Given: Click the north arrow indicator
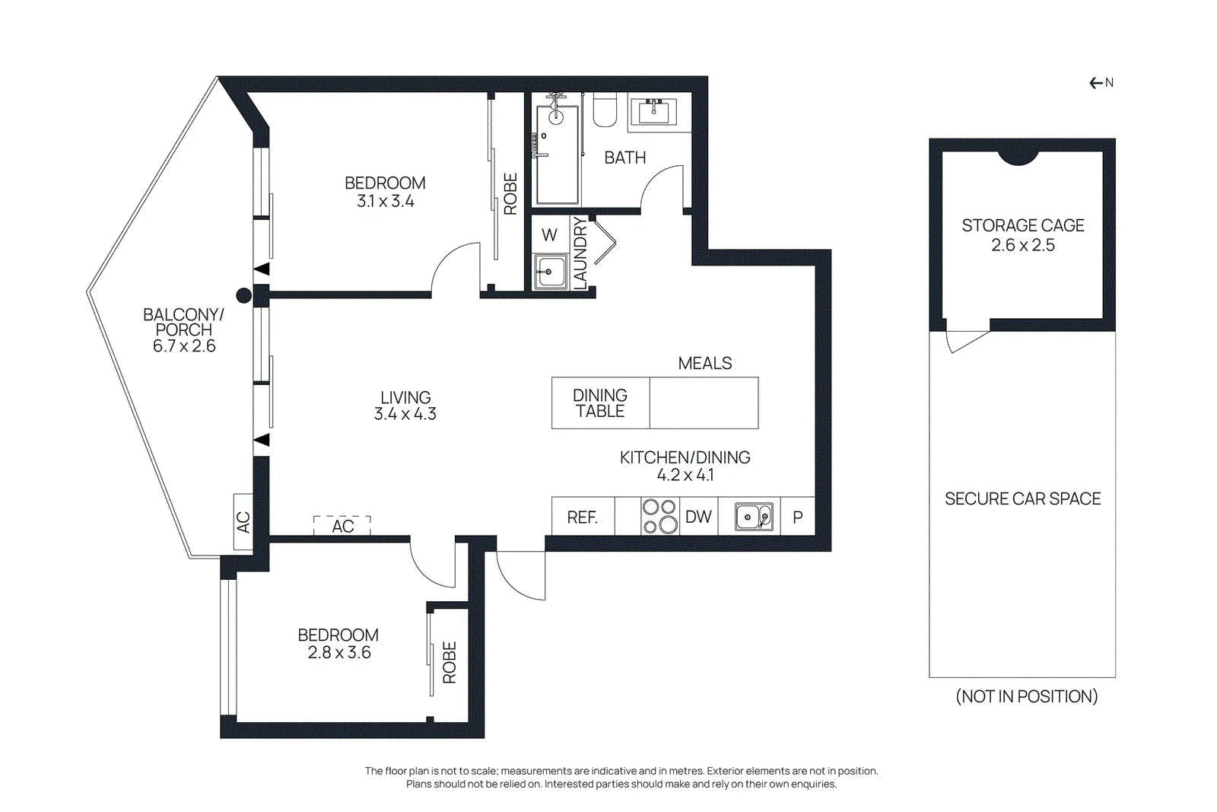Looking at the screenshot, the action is coord(1101,83).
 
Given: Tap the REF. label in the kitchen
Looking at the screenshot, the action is coord(583,517).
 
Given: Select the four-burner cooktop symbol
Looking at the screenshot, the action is coord(660,516).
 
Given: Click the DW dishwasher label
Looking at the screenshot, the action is coord(698,516).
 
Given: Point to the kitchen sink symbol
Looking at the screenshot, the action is coord(754,516).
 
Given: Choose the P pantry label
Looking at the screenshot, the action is coord(798,517).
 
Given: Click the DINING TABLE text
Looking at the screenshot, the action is coord(600,403).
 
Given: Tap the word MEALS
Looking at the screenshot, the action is coord(704,363).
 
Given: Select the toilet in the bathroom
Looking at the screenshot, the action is coord(605,110).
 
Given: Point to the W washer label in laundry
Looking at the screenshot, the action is coord(549,235).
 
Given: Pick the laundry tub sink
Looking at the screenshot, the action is coord(550,271).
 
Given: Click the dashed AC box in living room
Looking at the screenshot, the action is coord(342,526).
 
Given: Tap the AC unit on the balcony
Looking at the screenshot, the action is coord(243,522).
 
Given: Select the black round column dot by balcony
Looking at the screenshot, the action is coord(244,296).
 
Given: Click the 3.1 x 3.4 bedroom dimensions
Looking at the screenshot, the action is coord(385,202).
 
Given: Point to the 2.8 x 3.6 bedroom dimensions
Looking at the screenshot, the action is coord(339,652).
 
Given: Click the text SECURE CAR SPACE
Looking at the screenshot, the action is coord(1022,499).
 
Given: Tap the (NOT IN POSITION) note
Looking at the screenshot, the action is coord(1026,696).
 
